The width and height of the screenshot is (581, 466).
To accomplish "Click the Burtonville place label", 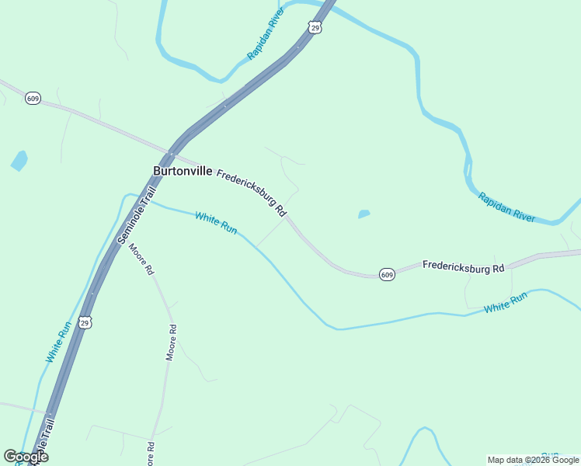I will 183,171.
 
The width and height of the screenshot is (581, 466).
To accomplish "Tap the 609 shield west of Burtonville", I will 33,99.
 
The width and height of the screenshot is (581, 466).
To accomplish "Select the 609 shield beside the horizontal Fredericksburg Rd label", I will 387,275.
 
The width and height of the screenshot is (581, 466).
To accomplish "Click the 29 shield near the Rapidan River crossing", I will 315,27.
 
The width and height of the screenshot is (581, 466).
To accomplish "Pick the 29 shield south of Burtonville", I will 85,322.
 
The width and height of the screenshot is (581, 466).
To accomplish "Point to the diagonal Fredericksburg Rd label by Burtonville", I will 252,193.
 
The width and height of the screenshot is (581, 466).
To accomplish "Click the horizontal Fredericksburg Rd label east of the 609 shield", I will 463,266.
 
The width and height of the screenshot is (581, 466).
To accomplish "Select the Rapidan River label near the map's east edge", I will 506,207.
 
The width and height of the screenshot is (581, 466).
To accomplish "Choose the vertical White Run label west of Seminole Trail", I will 59,342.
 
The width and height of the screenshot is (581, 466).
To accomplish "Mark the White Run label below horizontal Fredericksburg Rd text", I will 506,302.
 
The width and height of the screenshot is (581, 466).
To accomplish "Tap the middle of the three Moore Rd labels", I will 172,343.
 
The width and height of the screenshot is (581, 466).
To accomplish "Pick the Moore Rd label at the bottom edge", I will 151,454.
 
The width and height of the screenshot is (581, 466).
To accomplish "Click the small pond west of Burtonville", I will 19,161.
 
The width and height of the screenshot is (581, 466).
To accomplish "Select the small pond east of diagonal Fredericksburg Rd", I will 363,214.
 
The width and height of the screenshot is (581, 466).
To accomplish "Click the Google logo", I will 26,457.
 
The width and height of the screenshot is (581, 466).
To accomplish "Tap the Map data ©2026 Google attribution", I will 533,460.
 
